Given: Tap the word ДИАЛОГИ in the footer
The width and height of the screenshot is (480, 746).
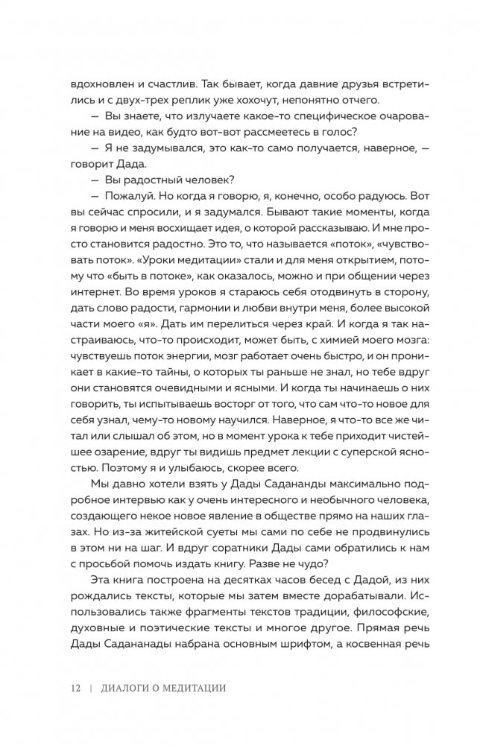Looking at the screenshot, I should [x=127, y=687].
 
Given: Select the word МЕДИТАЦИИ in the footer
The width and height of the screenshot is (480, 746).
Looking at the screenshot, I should [x=196, y=687].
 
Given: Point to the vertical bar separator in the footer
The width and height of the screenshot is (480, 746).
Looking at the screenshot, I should [x=89, y=687].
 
